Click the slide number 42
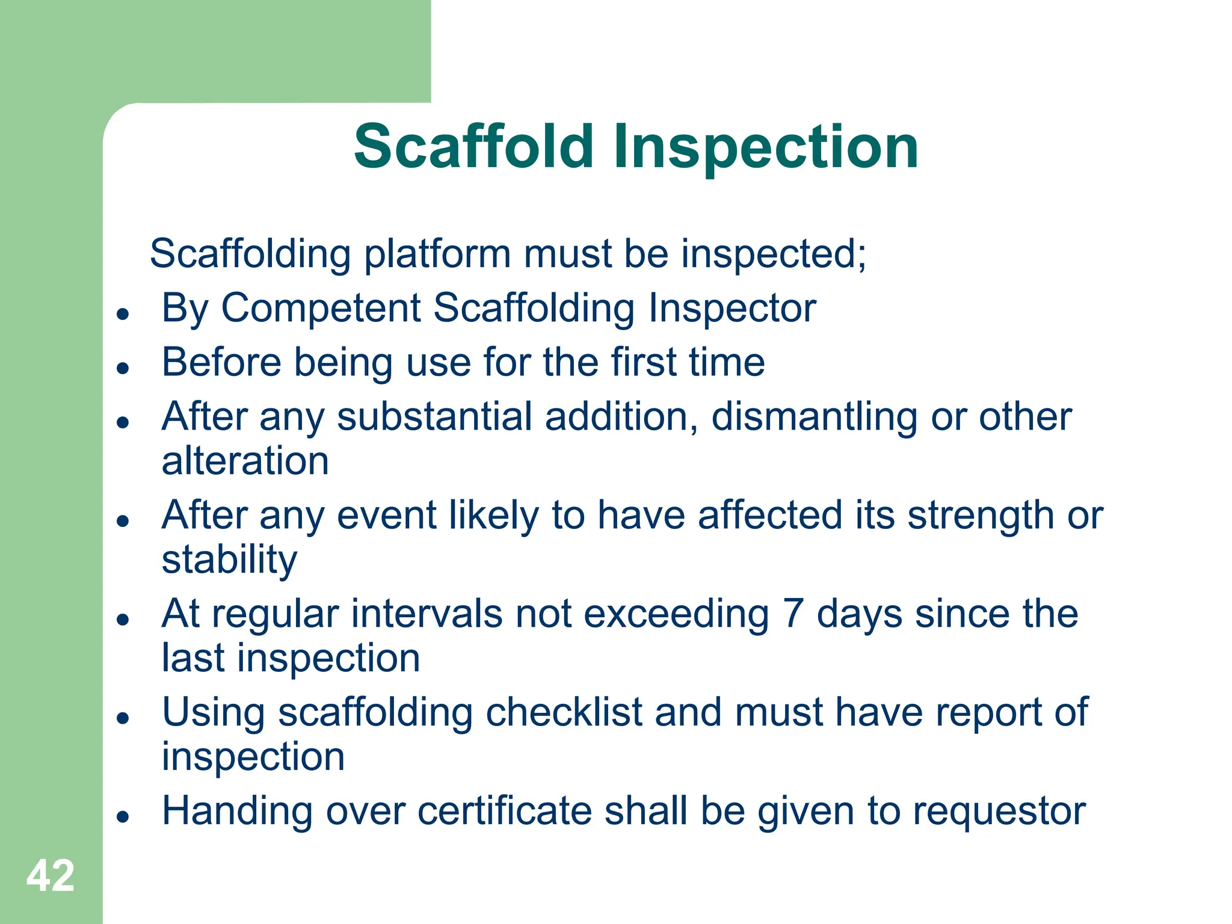tap(51, 876)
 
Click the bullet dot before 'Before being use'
tap(123, 368)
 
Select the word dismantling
tap(814, 416)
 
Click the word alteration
tap(245, 461)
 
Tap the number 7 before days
tap(792, 614)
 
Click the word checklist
tap(564, 713)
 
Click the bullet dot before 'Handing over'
tap(123, 816)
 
